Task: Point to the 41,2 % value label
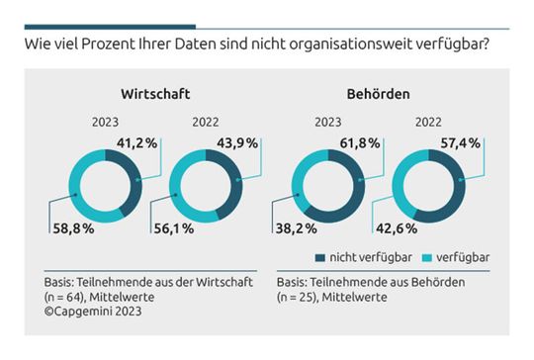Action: [x=138, y=142]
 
